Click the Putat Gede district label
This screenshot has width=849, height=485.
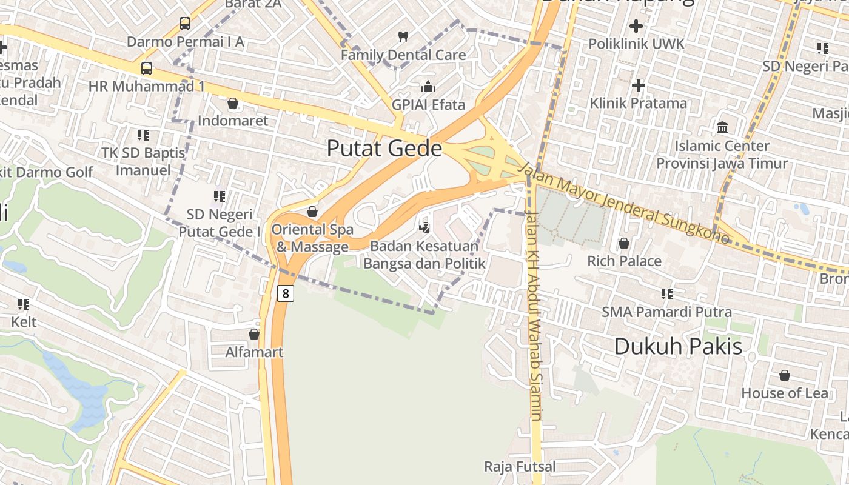[384, 148]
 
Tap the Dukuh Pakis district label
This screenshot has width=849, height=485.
[678, 346]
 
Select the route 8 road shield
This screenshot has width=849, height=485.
[286, 293]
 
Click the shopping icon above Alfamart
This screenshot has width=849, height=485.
[254, 334]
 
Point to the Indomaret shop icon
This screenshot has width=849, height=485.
[232, 103]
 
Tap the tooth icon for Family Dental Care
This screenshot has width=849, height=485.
[403, 36]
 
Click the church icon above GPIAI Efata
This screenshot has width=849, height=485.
[428, 87]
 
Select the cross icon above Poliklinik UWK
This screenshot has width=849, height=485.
[636, 26]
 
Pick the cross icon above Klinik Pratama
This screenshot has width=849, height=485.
[638, 85]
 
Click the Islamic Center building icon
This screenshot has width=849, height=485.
[722, 127]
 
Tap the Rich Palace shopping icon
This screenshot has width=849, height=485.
[623, 243]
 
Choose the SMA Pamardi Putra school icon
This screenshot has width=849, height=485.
[666, 294]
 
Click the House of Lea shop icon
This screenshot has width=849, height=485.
[784, 375]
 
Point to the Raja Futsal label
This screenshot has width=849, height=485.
[520, 466]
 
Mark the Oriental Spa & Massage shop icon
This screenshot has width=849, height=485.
[312, 212]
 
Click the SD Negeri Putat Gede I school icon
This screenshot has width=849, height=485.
[219, 196]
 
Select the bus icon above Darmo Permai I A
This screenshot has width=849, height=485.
[185, 24]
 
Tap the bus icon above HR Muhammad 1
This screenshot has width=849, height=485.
[146, 68]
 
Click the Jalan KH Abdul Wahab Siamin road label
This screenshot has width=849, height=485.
[534, 315]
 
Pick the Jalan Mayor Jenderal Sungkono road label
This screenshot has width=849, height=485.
[627, 203]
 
